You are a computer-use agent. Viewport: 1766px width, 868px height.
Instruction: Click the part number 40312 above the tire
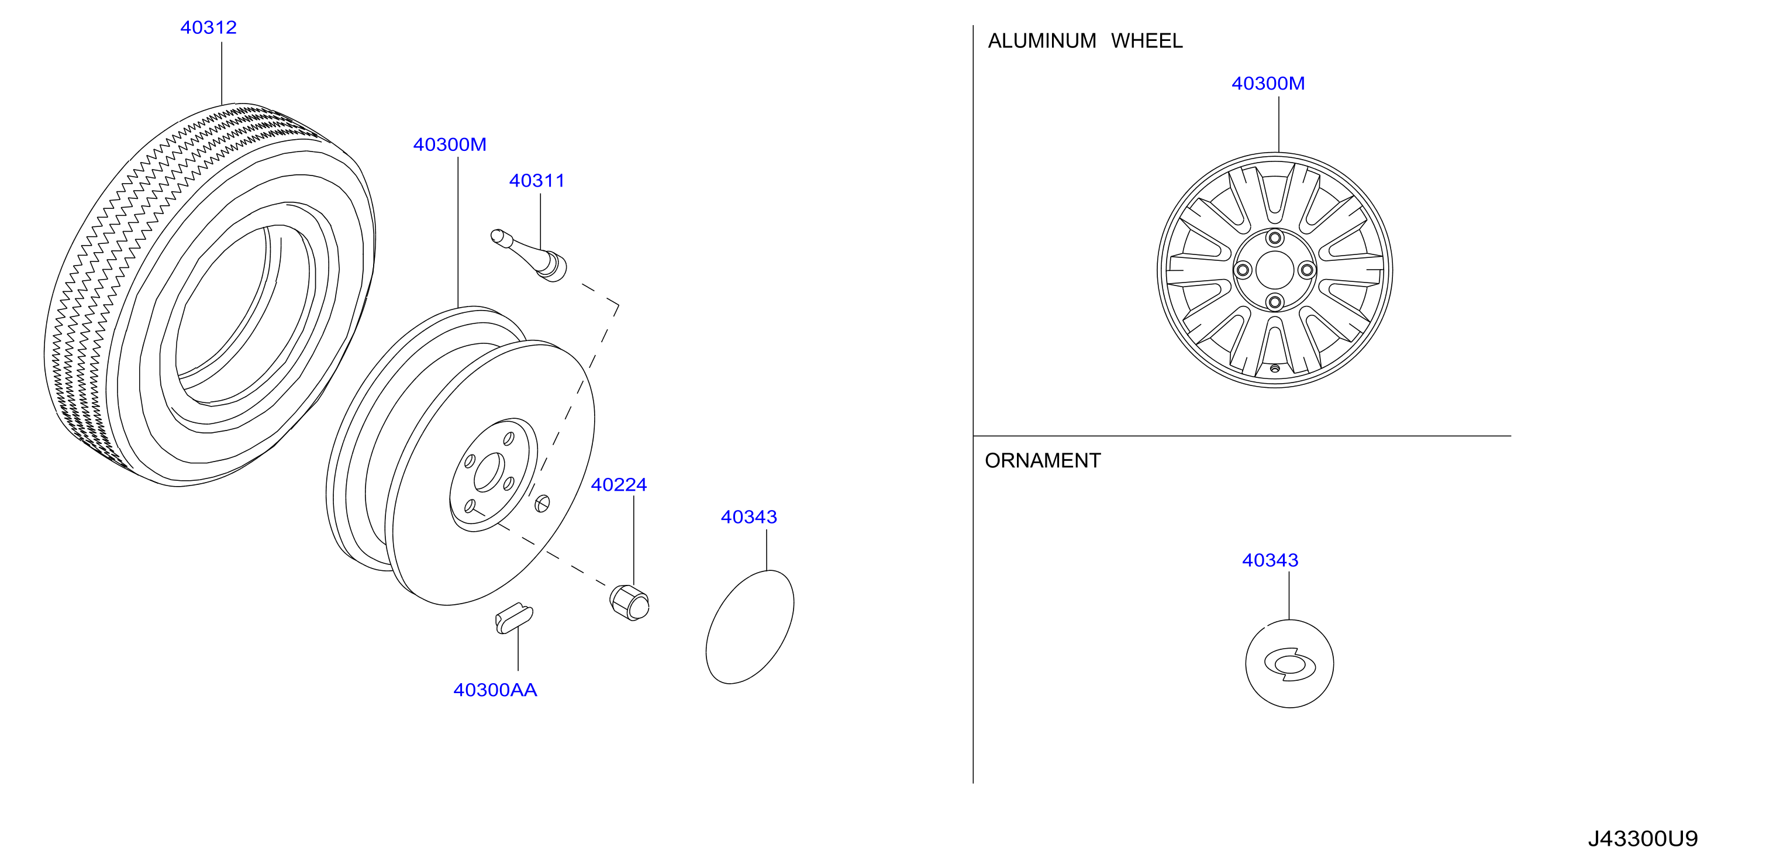[208, 27]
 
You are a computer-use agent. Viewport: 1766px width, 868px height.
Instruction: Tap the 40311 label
[537, 181]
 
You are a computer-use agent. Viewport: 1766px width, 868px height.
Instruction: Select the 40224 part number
[619, 485]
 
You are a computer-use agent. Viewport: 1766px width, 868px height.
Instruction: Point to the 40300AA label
[495, 690]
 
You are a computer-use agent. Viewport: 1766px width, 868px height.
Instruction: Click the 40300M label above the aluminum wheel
[1268, 84]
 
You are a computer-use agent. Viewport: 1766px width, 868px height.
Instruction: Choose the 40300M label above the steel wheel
[450, 144]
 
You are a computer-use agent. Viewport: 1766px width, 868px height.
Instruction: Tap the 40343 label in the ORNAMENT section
[1270, 560]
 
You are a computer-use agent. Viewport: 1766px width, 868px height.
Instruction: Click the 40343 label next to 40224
[749, 517]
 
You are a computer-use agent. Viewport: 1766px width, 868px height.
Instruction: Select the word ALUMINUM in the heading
[1042, 41]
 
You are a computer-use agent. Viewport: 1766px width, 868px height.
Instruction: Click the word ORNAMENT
[1043, 461]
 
